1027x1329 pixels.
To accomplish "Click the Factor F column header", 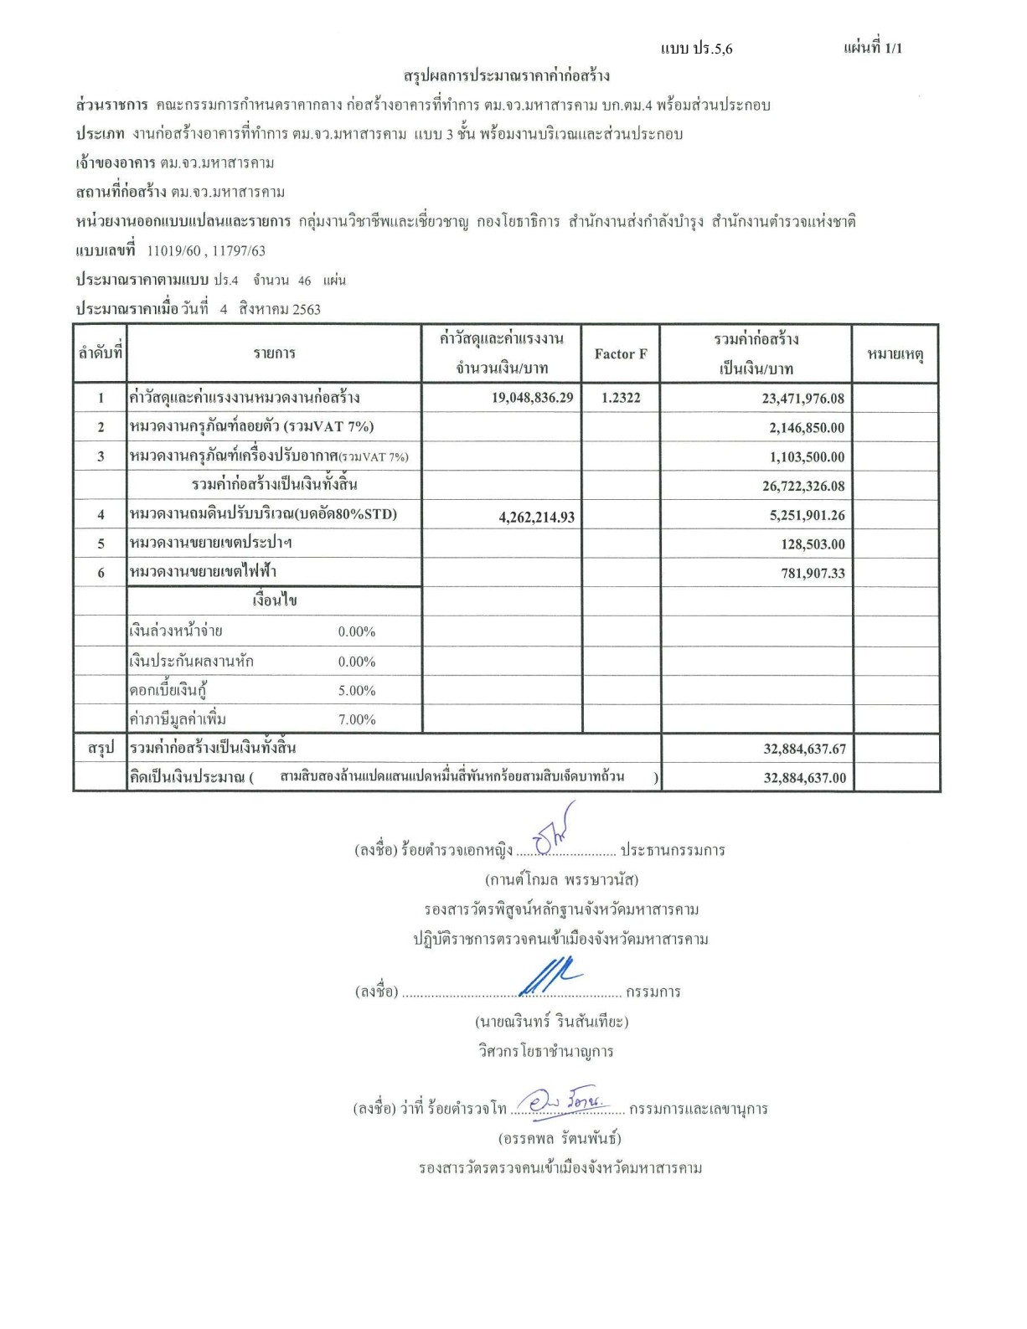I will (620, 354).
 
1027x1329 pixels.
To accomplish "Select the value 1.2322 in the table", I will (620, 398).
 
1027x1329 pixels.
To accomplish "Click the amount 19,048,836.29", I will (532, 398).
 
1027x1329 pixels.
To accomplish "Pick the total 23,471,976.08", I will (803, 399).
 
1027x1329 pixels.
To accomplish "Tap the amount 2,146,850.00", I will (807, 428).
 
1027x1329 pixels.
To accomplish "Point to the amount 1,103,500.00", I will (807, 457).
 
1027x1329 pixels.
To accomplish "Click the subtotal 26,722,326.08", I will (803, 486).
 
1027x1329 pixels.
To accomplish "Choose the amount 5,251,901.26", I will (807, 516).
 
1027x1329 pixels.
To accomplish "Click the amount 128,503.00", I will (813, 544).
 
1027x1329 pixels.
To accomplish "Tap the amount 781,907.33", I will (813, 574).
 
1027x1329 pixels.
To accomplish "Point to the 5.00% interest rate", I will (356, 691).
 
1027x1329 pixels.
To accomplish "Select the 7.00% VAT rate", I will (356, 719).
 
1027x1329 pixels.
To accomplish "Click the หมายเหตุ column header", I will (895, 355).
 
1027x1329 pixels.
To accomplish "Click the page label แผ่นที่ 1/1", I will (872, 48).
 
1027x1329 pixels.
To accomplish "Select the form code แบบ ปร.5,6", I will (696, 49).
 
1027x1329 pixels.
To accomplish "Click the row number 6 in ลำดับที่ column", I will (101, 573).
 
